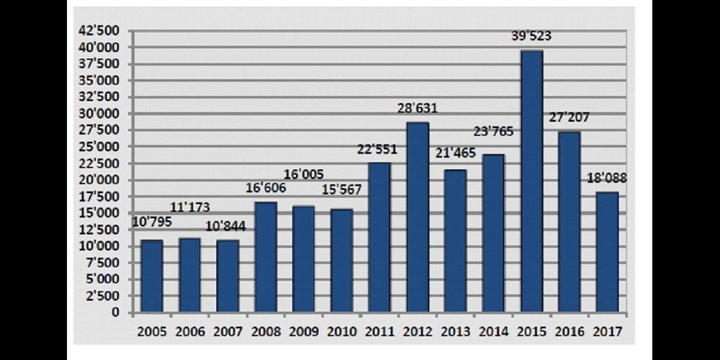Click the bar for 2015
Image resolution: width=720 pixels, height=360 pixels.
(x=531, y=181)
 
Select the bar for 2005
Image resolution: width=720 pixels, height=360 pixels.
(x=152, y=276)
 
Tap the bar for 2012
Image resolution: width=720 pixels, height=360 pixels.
(x=418, y=217)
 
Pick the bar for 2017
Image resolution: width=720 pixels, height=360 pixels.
(x=607, y=252)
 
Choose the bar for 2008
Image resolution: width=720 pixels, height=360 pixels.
(x=266, y=257)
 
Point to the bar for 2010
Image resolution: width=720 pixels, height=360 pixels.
(x=341, y=261)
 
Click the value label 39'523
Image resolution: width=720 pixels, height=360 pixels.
(x=532, y=35)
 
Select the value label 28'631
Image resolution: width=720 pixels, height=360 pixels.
(x=418, y=108)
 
